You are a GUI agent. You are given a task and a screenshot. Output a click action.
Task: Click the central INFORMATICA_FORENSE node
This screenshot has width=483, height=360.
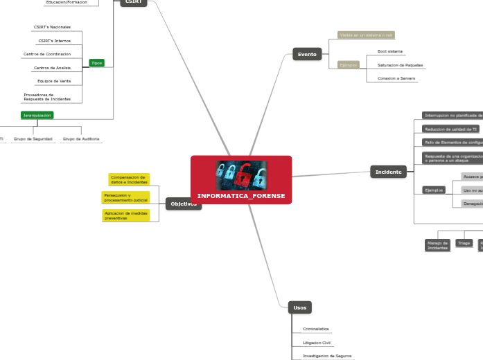coord(241,196)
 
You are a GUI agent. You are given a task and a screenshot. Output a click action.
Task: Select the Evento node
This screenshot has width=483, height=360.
coord(307,54)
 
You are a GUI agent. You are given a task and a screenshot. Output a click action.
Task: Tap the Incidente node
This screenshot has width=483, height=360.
coord(388,172)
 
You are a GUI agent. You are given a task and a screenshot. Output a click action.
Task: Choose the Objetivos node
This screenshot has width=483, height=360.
coord(184,204)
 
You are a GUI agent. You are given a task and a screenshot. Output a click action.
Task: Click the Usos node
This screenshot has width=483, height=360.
coord(299,307)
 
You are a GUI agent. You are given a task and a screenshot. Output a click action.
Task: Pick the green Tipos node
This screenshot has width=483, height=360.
coord(96,63)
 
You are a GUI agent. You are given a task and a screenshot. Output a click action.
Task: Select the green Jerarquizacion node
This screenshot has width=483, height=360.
coord(37,115)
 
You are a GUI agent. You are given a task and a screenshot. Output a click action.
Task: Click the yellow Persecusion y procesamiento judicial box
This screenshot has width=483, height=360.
coord(126,197)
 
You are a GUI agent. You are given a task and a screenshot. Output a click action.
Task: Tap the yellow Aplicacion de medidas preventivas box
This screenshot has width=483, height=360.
coord(126,215)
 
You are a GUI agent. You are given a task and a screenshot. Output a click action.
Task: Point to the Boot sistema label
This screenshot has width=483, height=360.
coord(389,51)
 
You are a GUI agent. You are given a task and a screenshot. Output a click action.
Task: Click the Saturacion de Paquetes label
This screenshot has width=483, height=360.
coord(400,65)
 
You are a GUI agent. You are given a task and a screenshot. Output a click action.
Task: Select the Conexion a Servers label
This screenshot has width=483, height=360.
coord(396,78)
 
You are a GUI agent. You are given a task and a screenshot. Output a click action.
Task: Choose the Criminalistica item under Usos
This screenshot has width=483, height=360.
coord(316,329)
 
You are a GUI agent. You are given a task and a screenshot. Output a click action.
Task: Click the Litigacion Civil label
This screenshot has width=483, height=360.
coord(317,343)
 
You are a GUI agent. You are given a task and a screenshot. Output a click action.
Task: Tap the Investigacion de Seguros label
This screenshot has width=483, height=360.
coord(327,356)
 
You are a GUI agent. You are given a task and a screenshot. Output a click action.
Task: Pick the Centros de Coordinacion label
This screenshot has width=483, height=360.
coord(47,54)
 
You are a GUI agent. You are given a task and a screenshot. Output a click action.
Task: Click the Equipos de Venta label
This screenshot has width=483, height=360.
coord(54,81)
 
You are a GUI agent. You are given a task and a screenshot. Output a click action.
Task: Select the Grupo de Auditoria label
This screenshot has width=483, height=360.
coord(81,139)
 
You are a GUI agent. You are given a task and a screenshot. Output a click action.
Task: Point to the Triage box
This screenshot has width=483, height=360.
coord(464,244)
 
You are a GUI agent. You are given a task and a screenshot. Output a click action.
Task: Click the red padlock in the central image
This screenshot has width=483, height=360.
coord(241,177)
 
